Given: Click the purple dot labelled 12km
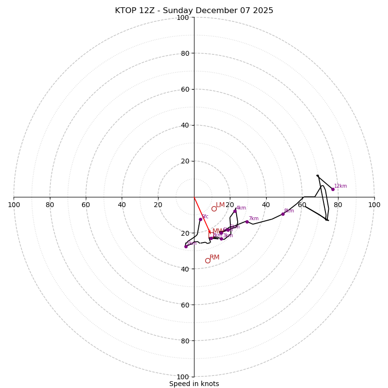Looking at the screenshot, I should pos(333,189).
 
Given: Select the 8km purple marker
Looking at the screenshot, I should pos(283,214).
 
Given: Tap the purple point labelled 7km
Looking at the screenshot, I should pos(247,222).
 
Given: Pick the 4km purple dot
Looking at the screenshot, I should pos(235,211).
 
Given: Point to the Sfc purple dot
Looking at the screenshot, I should pos(200,219).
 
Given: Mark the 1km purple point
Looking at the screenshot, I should pos(186,246).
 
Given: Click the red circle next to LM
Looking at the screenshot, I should pos(214,209).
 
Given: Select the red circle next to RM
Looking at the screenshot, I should pos(208,260).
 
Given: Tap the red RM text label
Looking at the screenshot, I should pos(214,257).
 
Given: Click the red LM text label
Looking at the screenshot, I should pos(220,205).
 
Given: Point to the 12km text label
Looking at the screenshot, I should pos(340,186).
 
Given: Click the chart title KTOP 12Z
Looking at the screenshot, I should pos(194,11).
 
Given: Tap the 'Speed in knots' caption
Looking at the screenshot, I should pos(194,384).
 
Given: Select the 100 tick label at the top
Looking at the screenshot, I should pos(183,17).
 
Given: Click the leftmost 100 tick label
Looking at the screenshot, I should pos(14,205).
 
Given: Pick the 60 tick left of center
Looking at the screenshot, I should pos(86,205).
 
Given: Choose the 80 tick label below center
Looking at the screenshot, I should pos(185,341).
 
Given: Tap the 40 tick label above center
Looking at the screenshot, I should pos(185,125).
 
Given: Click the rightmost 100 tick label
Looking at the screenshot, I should pos(374,205).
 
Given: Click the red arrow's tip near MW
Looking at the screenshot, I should pos(210,234).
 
